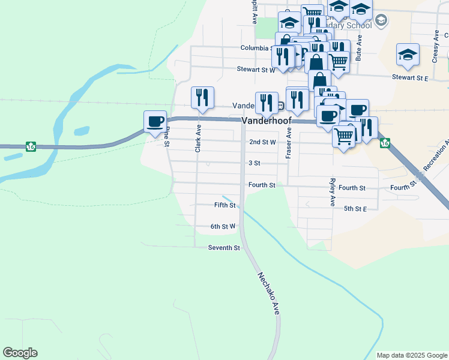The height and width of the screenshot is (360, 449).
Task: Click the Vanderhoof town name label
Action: pyautogui.click(x=267, y=121)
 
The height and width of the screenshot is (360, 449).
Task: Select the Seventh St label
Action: pyautogui.click(x=224, y=248)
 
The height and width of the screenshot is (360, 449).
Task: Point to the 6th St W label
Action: pyautogui.click(x=223, y=226)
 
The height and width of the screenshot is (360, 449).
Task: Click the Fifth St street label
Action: pyautogui.click(x=224, y=205)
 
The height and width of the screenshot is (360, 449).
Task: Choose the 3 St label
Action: pyautogui.click(x=254, y=163)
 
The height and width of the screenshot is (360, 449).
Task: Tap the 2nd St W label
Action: pyautogui.click(x=262, y=142)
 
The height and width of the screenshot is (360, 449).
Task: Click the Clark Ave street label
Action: pyautogui.click(x=198, y=138)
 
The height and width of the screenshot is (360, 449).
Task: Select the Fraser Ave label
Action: pyautogui.click(x=289, y=144)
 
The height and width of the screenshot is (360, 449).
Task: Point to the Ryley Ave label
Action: pyautogui.click(x=332, y=192)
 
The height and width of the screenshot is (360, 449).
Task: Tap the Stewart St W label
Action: pyautogui.click(x=255, y=70)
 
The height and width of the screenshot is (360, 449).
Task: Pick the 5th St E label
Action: pyautogui.click(x=355, y=209)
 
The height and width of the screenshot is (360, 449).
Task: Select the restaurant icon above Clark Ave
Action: pyautogui.click(x=202, y=97)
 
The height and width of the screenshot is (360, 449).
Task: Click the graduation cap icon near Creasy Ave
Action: pyautogui.click(x=408, y=55)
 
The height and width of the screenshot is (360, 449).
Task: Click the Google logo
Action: pyautogui.click(x=20, y=353)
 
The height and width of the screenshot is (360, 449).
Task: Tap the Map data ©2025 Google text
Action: pyautogui.click(x=411, y=355)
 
